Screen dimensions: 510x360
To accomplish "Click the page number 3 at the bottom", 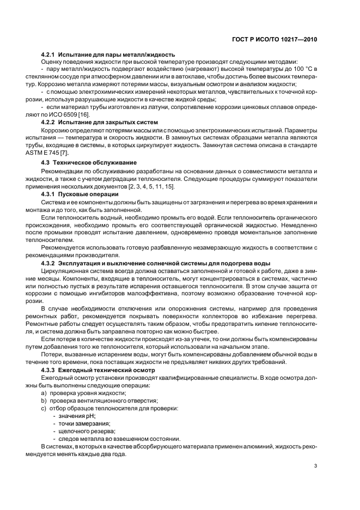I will (316, 466).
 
